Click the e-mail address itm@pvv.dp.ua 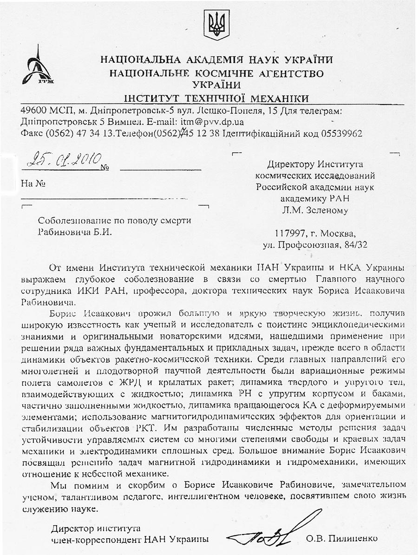(x=209, y=122)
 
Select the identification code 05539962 (x=339, y=133)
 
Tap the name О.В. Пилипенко (x=342, y=539)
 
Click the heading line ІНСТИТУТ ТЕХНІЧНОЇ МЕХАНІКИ (x=216, y=98)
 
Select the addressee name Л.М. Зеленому (x=315, y=210)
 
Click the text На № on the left (x=33, y=183)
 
